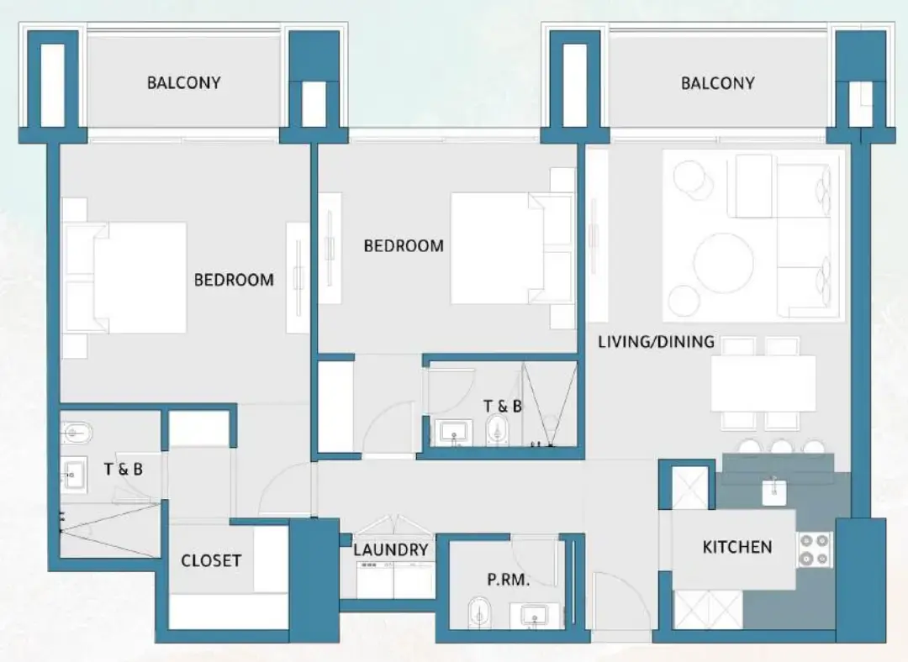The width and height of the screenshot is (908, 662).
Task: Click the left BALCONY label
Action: pyautogui.click(x=183, y=82)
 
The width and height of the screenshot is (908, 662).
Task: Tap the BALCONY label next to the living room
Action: pyautogui.click(x=717, y=82)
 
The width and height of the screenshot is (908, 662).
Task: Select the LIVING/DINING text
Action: pyautogui.click(x=656, y=342)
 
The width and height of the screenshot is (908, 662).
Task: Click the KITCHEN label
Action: pyautogui.click(x=736, y=547)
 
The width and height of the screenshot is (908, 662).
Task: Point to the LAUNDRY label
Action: pyautogui.click(x=390, y=550)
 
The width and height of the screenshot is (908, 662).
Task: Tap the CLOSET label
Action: pyautogui.click(x=211, y=560)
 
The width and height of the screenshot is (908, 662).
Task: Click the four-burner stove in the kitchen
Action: pyautogui.click(x=814, y=550)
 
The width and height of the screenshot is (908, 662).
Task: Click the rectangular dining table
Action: pyautogui.click(x=763, y=383)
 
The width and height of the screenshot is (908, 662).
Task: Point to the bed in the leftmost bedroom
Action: pyautogui.click(x=135, y=277)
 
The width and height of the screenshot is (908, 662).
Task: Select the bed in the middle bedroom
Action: pyautogui.click(x=496, y=249)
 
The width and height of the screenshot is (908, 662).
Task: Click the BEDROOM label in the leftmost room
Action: pyautogui.click(x=234, y=280)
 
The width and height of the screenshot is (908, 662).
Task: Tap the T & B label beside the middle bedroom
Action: pyautogui.click(x=503, y=406)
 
